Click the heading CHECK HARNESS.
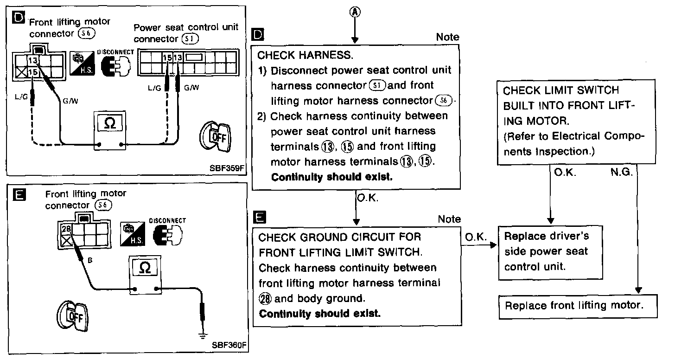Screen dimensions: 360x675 click(305, 55)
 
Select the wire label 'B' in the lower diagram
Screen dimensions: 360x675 click(90, 260)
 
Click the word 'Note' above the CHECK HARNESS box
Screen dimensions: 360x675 click(447, 37)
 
